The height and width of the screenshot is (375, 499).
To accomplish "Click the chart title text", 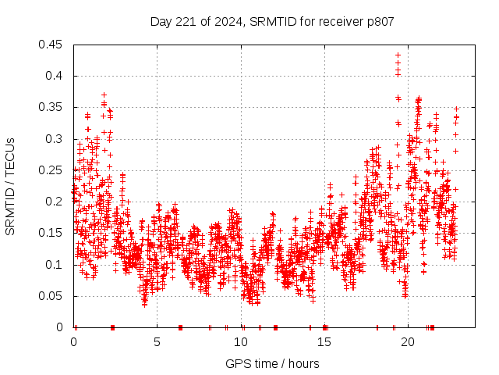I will (272, 22).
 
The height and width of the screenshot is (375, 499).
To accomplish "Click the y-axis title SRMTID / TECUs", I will (10, 186).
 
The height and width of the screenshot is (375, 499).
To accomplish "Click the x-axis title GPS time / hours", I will (272, 363).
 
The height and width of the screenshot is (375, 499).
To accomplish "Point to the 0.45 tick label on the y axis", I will (51, 45).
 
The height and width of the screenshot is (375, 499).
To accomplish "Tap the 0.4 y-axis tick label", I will (55, 76).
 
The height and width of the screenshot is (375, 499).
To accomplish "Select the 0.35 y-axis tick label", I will (51, 107).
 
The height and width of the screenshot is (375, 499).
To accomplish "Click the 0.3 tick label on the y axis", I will (55, 139).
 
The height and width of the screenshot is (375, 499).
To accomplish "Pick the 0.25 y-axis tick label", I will (51, 170).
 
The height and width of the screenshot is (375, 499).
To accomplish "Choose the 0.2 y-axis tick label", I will (55, 202).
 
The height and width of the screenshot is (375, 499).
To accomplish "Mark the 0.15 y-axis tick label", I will (51, 233).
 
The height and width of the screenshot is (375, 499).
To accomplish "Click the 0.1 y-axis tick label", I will (55, 265).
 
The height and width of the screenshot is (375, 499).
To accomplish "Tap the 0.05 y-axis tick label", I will (51, 296).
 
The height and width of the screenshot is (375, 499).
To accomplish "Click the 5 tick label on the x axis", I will (157, 341).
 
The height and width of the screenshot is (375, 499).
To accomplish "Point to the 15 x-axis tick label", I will (324, 341).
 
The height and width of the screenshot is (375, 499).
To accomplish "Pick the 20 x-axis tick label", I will (407, 341).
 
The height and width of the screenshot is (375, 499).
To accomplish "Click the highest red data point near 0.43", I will (398, 55).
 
